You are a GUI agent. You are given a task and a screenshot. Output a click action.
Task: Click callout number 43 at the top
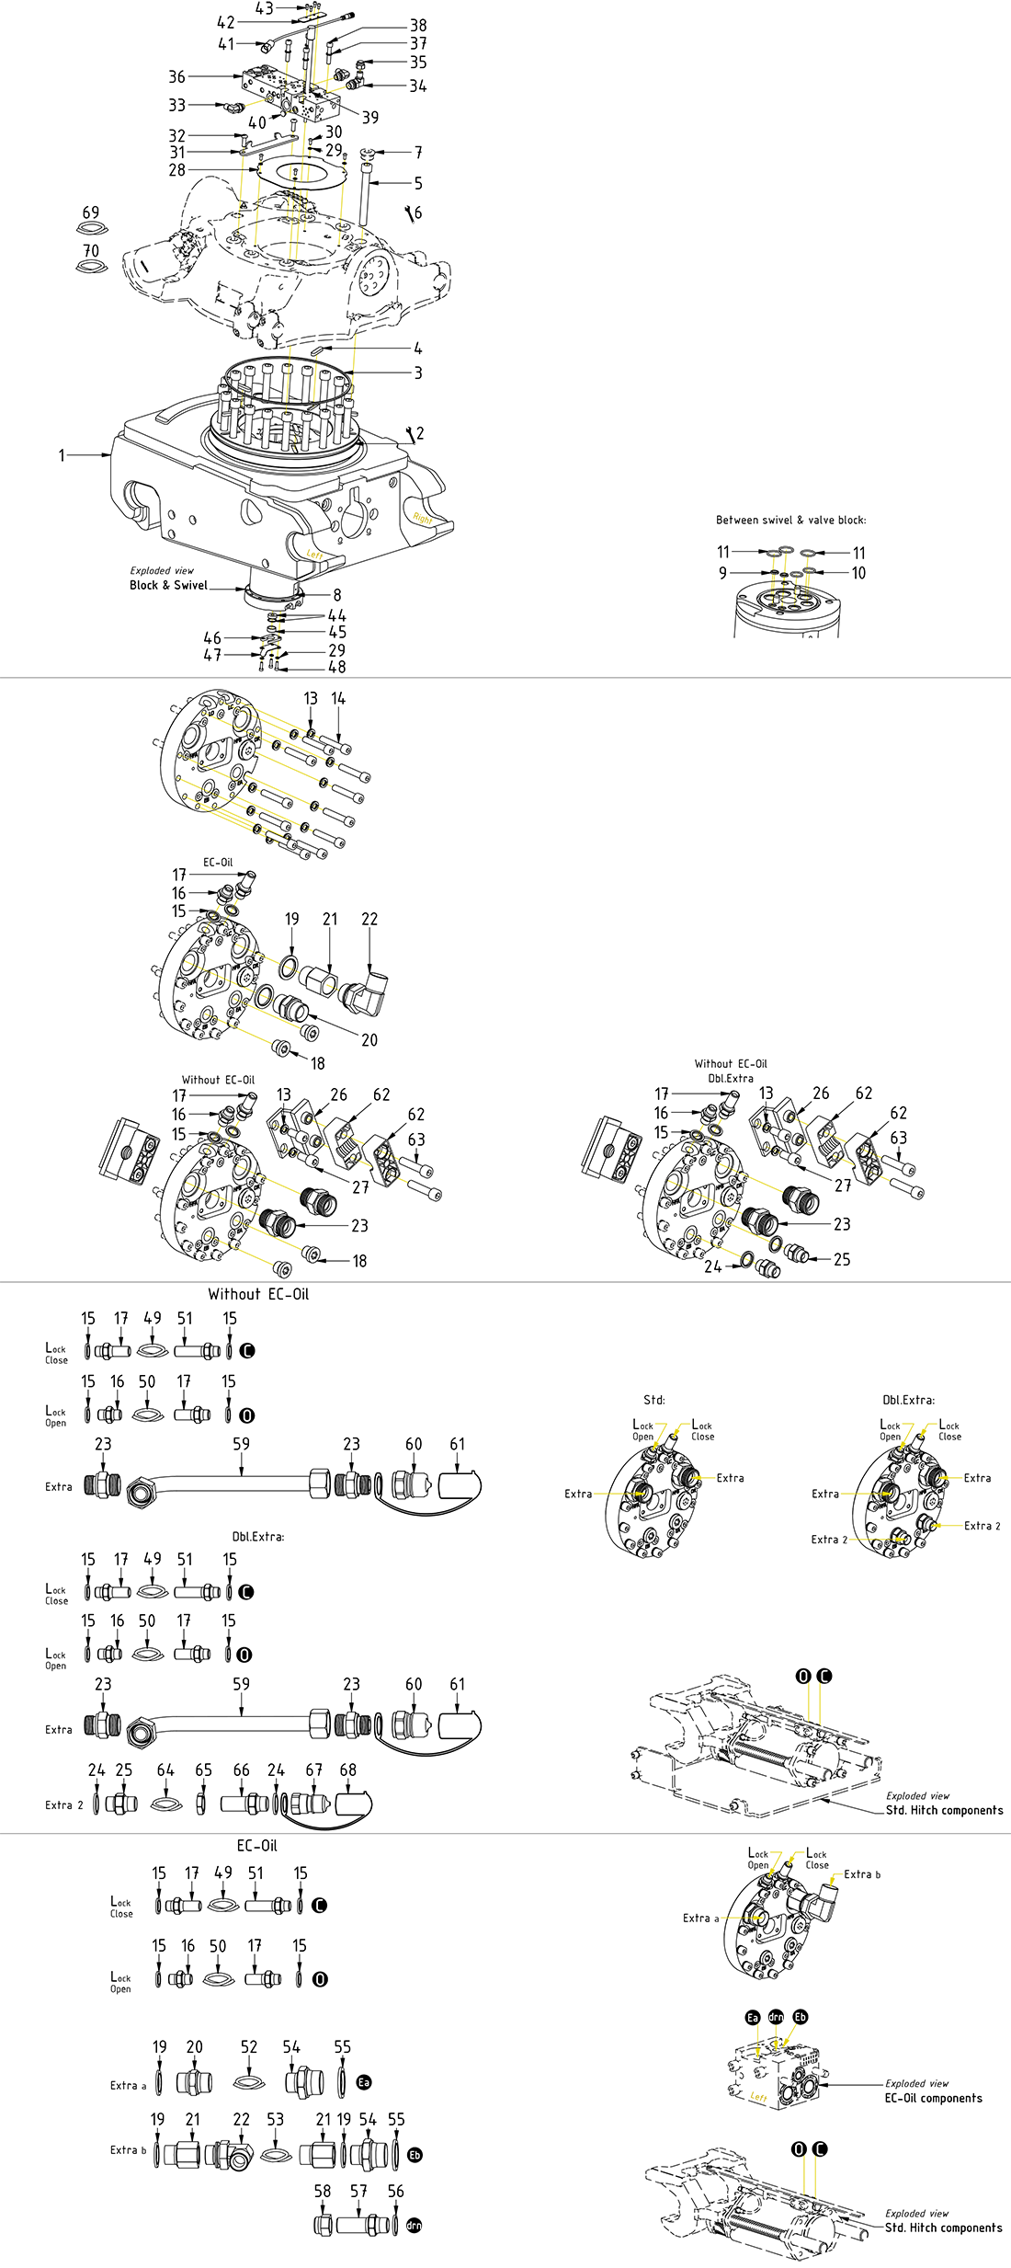[x=265, y=8]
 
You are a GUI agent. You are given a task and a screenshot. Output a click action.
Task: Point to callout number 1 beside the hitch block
[x=62, y=455]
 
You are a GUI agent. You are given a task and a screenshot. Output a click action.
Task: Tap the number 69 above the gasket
[x=91, y=212]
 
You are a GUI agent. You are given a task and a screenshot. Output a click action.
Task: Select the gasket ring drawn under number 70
[x=91, y=267]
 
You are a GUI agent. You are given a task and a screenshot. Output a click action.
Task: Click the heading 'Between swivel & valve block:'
[x=790, y=520]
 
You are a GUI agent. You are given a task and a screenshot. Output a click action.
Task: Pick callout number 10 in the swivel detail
[x=858, y=573]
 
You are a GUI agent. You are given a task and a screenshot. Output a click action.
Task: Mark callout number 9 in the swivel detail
[x=722, y=573]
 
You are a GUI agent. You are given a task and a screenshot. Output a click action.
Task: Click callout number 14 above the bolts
[x=338, y=699]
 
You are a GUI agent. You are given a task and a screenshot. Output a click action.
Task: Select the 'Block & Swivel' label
[x=168, y=585]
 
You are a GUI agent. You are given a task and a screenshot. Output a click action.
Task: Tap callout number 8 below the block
[x=337, y=595]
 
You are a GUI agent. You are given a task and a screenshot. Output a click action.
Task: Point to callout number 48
[x=337, y=667]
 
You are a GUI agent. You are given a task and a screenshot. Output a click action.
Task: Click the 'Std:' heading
[x=653, y=1400]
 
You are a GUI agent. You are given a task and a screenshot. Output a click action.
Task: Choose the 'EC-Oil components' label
[x=933, y=2098]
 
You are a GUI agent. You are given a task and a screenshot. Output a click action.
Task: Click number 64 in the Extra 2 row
[x=165, y=1770]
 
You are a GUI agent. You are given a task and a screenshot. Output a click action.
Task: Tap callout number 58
[x=323, y=2191]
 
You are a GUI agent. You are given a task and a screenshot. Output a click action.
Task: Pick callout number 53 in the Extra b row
[x=276, y=2119]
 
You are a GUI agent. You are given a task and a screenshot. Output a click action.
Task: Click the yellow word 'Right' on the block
[x=422, y=519]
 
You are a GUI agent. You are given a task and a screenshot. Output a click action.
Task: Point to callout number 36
[x=176, y=76]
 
